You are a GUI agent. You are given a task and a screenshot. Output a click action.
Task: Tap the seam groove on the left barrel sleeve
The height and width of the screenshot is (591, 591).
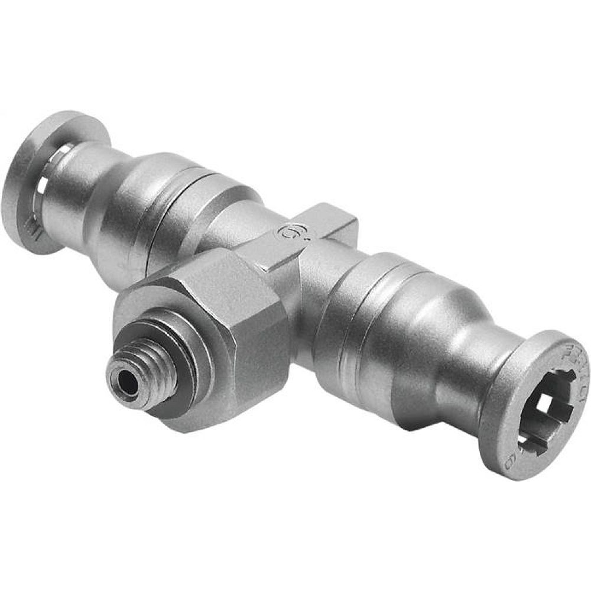point(177,201)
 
